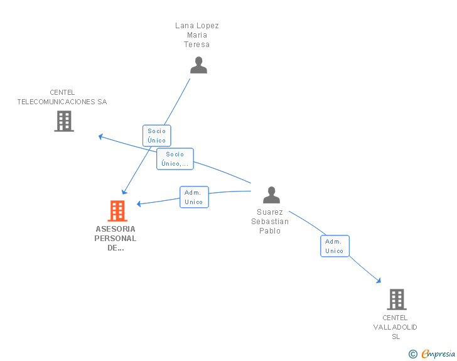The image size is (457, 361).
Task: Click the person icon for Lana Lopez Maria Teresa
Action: [x=198, y=65]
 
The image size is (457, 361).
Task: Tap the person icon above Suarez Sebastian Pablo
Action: [x=271, y=195]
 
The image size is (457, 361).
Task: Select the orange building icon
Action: [x=117, y=211]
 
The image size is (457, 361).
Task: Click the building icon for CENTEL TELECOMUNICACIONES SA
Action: [x=64, y=121]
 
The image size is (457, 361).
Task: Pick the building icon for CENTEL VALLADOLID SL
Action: [x=397, y=299]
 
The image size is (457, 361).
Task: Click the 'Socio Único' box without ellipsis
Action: [x=157, y=136]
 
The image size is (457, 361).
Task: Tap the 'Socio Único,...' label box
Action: [x=175, y=159]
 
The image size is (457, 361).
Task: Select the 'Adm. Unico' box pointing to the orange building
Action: [x=194, y=197]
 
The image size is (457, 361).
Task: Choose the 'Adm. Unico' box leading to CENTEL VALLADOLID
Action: [x=335, y=246]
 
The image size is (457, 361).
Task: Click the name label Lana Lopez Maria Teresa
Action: [x=197, y=35]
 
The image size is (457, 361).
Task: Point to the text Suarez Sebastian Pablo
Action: [x=270, y=222]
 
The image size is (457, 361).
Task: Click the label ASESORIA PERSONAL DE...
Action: [x=116, y=238]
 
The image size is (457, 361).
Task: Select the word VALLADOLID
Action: [x=395, y=327]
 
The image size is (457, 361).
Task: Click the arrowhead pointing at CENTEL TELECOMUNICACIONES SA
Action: [x=100, y=136]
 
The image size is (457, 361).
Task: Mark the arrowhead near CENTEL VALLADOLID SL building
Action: [x=379, y=281]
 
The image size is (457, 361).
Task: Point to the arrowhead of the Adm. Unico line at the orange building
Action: [x=139, y=204]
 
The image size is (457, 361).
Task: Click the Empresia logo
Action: [x=438, y=354]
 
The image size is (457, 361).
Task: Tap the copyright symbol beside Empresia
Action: [x=413, y=354]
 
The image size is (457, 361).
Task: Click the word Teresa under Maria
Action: [x=196, y=45]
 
